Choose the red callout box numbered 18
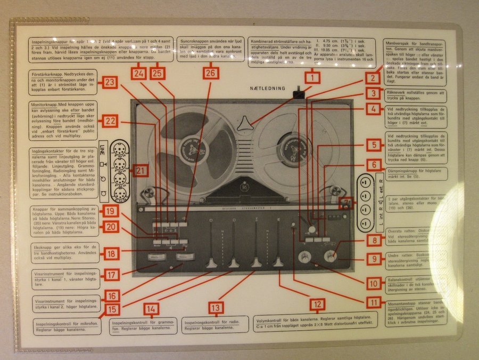pos(111,253)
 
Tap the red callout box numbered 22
pos(111,121)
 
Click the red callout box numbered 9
pos(374,259)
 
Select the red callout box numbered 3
pos(374,93)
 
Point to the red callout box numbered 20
pos(111,226)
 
